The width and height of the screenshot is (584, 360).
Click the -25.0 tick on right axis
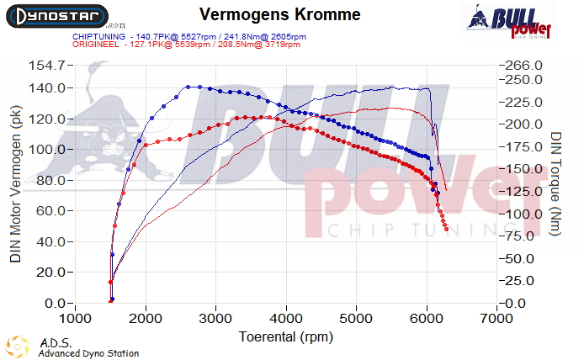tap(518, 280)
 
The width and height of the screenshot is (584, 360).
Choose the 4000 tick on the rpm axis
tap(287, 320)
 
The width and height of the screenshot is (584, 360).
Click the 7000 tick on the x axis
tap(497, 320)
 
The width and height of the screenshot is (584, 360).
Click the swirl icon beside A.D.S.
tap(18, 347)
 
